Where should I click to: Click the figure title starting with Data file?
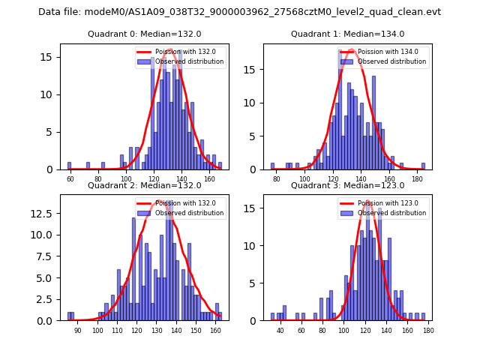(x=239, y=12)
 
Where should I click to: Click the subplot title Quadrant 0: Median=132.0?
(x=145, y=34)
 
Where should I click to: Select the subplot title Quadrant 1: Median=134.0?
(x=347, y=34)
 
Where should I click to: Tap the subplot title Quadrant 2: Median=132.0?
(x=145, y=185)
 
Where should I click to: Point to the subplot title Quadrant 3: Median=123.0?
(x=347, y=185)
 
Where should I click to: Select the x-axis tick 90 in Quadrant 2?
(x=78, y=331)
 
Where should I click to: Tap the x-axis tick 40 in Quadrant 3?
(x=280, y=331)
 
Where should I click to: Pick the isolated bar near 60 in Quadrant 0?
(x=69, y=166)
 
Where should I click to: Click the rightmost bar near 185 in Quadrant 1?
(x=423, y=166)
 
